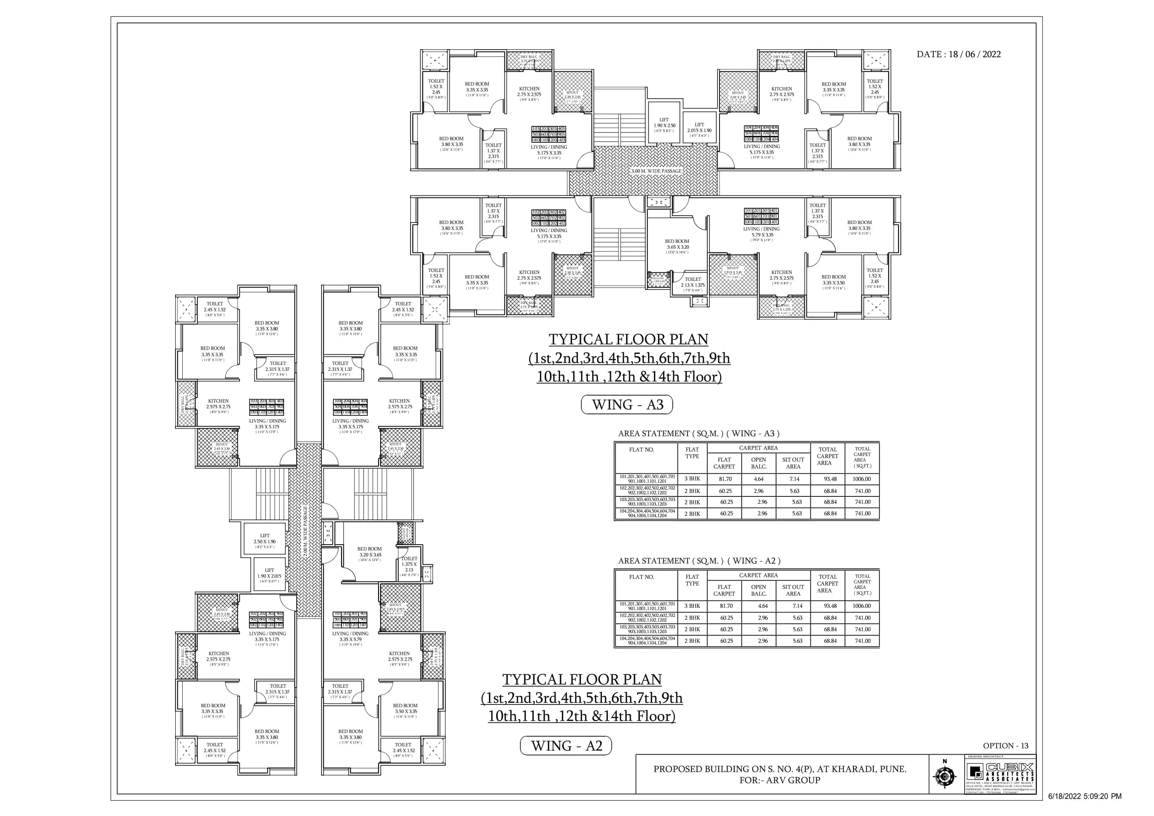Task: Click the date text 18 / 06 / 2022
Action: pos(974,54)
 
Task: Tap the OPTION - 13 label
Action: pos(1005,746)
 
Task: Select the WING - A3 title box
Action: pos(627,405)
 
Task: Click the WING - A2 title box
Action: pos(566,746)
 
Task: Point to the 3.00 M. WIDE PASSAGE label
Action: pos(656,171)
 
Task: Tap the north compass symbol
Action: pos(944,776)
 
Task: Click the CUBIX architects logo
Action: pos(1000,772)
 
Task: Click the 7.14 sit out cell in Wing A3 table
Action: pos(794,479)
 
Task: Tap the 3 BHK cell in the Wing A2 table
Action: pos(692,606)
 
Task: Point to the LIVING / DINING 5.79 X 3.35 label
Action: pos(762,232)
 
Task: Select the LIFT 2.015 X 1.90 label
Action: pos(699,128)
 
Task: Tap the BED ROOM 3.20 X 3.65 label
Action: pos(369,552)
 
